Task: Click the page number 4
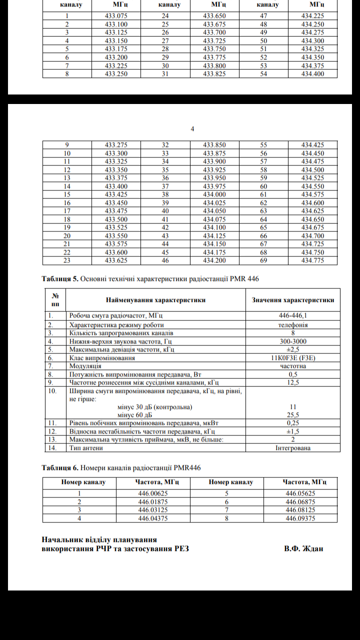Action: tap(192, 129)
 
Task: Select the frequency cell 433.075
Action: tap(116, 15)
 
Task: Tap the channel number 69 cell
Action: tap(263, 260)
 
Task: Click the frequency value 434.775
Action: tap(312, 260)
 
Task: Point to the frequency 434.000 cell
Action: tap(214, 194)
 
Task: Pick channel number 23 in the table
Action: tap(67, 260)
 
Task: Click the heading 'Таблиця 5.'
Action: tap(60, 278)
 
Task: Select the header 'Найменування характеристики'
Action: tap(155, 300)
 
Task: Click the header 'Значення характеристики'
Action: tap(293, 300)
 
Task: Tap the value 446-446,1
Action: tap(293, 316)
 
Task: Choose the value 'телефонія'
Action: tap(293, 324)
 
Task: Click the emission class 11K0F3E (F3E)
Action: tap(293, 357)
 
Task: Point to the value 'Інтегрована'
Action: tap(293, 448)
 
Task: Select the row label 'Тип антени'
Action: tap(86, 448)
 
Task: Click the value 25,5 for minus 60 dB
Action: tap(293, 415)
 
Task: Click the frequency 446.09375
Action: tap(300, 518)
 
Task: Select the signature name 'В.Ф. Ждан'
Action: tap(303, 548)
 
